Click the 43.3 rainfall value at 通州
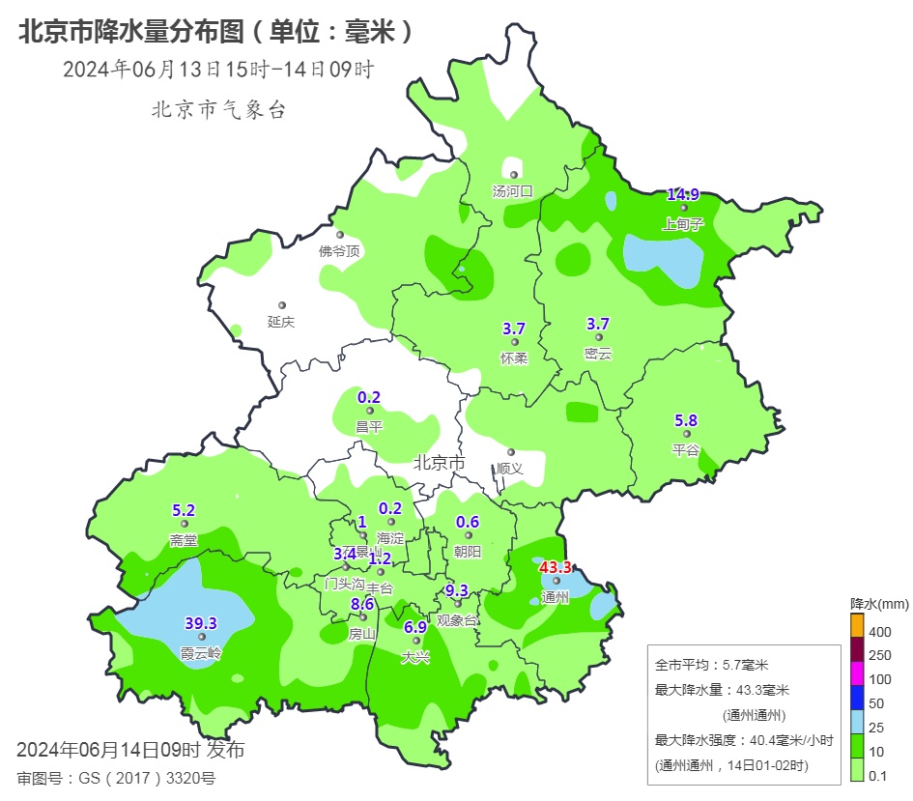(556, 567)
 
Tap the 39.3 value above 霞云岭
(201, 623)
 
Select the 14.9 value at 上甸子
(683, 194)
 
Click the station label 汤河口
(513, 191)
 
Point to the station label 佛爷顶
(339, 251)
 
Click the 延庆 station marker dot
(282, 305)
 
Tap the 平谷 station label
(685, 449)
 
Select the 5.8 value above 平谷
(685, 420)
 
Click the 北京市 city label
(440, 463)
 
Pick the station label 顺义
(509, 468)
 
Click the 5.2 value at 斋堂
(184, 510)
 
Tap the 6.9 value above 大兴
(415, 627)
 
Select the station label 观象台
(457, 620)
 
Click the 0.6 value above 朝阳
(468, 522)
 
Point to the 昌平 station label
(369, 426)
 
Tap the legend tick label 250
(880, 655)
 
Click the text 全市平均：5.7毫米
(711, 665)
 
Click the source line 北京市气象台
(218, 110)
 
